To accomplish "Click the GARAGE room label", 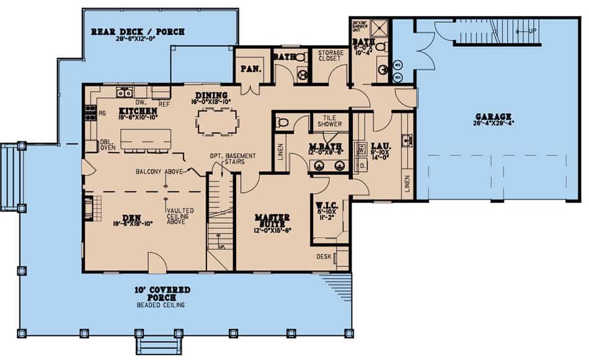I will tap(494, 116).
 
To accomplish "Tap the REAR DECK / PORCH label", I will tap(138, 32).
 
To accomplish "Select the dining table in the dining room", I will tap(218, 121).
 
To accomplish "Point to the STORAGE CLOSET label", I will tap(329, 55).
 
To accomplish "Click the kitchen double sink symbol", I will tap(124, 93).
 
